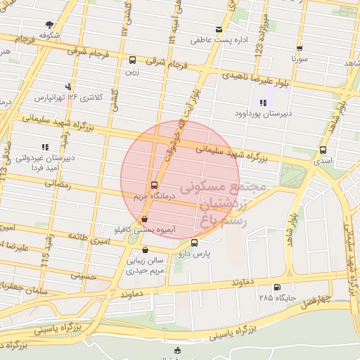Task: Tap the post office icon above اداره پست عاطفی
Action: pyautogui.click(x=219, y=30)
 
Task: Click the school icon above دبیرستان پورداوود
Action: pyautogui.click(x=263, y=101)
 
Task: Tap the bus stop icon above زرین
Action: pyautogui.click(x=133, y=60)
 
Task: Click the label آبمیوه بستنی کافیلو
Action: pyautogui.click(x=144, y=229)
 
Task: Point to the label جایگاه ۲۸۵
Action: pyautogui.click(x=275, y=298)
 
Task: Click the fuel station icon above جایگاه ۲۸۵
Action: pyautogui.click(x=276, y=287)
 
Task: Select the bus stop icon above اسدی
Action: pyautogui.click(x=323, y=150)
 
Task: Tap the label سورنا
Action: pyautogui.click(x=300, y=60)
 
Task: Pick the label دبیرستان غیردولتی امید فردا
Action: pyautogui.click(x=44, y=163)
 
